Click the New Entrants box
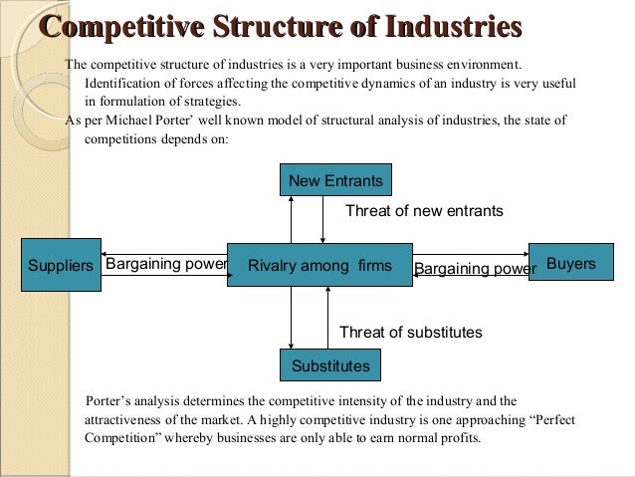click(334, 180)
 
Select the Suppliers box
click(60, 265)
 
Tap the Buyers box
click(570, 264)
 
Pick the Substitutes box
click(330, 365)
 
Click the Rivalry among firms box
click(319, 265)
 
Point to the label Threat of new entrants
click(424, 211)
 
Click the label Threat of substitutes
click(410, 333)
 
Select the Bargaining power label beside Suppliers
click(166, 265)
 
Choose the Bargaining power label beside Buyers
click(475, 267)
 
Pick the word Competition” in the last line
click(124, 437)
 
